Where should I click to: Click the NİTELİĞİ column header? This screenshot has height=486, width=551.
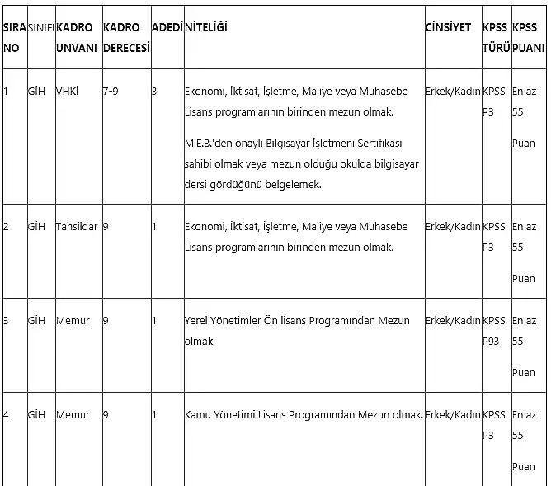(x=206, y=27)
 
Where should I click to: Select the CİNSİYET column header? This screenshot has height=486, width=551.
(x=448, y=27)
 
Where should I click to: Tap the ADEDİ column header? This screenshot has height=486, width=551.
(x=167, y=27)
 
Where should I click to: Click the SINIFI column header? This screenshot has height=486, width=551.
(x=40, y=27)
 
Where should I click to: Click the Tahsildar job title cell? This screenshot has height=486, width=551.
(x=77, y=226)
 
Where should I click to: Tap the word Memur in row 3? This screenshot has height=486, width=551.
(x=73, y=320)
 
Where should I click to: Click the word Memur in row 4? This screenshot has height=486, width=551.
(x=73, y=414)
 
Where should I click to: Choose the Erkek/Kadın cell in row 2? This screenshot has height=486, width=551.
(x=453, y=226)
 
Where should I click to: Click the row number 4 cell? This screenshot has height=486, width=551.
(x=7, y=414)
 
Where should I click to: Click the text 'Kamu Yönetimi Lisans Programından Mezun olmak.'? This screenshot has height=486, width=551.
(x=304, y=414)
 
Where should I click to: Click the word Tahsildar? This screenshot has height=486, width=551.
(x=77, y=226)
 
